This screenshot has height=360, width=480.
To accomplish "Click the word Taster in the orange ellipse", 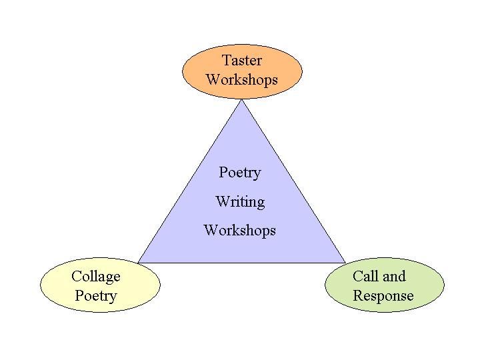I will click(241, 60).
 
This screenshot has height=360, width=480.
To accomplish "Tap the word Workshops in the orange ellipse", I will click(241, 80).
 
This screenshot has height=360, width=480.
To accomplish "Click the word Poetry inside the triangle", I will click(240, 173).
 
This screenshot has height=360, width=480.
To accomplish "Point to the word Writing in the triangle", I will click(240, 201).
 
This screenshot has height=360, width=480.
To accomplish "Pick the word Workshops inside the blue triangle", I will click(239, 231).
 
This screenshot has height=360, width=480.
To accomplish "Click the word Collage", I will click(96, 277).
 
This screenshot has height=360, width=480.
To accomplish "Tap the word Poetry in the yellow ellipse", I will click(96, 296).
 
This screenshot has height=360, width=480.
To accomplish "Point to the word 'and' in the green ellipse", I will click(393, 276).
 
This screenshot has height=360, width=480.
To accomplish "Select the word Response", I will click(383, 296).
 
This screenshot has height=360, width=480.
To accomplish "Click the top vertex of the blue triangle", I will click(242, 101).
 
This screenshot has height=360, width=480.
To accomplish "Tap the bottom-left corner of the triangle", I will click(139, 261).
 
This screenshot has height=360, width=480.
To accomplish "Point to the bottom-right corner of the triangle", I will click(345, 261).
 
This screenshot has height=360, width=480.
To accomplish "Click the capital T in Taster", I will click(227, 60).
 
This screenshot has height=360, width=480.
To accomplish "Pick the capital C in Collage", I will click(76, 277).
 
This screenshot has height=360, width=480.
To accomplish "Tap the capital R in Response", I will click(357, 296).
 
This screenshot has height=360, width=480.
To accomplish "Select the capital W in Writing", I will click(222, 201).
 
